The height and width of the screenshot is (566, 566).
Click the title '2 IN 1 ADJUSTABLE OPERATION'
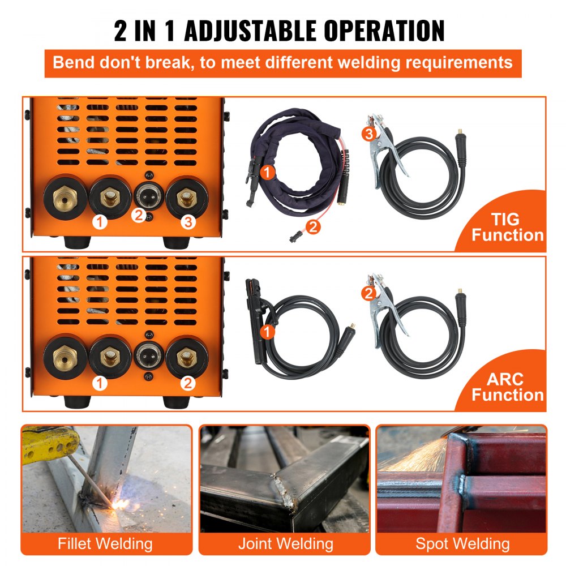(x=279, y=31)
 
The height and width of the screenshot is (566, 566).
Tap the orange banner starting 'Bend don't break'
(x=282, y=62)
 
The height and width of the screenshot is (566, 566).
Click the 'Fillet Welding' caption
(x=105, y=544)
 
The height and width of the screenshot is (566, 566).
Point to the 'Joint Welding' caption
(x=285, y=544)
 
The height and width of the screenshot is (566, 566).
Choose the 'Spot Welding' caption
(x=462, y=544)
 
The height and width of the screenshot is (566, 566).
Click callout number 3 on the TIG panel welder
(x=188, y=222)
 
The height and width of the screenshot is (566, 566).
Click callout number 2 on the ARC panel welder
(x=188, y=383)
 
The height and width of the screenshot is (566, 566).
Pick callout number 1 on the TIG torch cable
(x=269, y=170)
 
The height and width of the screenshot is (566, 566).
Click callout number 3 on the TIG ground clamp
(x=368, y=134)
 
